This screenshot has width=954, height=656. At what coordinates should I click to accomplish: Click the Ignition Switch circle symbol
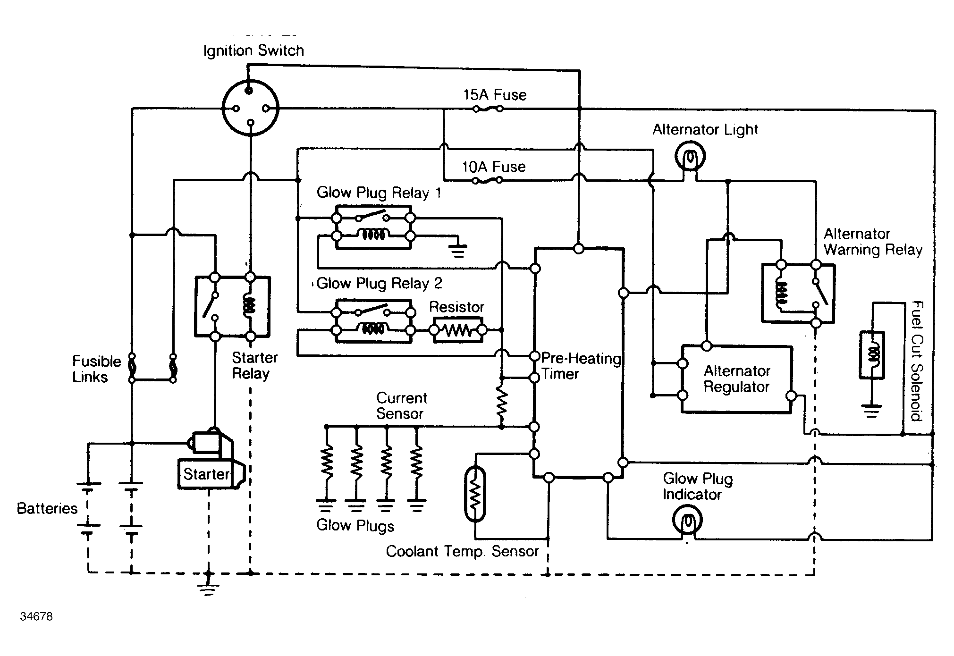251,108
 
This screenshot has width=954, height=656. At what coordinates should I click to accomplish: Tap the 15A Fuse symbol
488,109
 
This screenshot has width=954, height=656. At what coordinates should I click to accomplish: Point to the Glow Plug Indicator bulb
687,521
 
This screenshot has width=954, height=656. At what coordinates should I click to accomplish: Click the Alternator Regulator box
736,379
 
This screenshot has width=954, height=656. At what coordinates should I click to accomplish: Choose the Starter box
206,474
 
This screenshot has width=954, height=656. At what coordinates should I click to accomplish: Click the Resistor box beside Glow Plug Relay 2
457,330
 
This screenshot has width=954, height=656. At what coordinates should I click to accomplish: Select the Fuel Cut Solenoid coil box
871,355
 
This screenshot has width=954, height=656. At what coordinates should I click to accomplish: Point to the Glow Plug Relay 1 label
379,193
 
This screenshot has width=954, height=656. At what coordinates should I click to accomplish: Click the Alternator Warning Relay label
873,242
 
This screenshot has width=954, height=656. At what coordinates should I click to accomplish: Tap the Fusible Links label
96,369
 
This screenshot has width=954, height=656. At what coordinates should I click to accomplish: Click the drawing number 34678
36,616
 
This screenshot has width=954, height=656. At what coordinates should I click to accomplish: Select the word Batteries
47,508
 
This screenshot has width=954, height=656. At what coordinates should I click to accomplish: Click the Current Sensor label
401,406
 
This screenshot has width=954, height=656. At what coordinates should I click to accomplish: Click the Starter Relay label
254,365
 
